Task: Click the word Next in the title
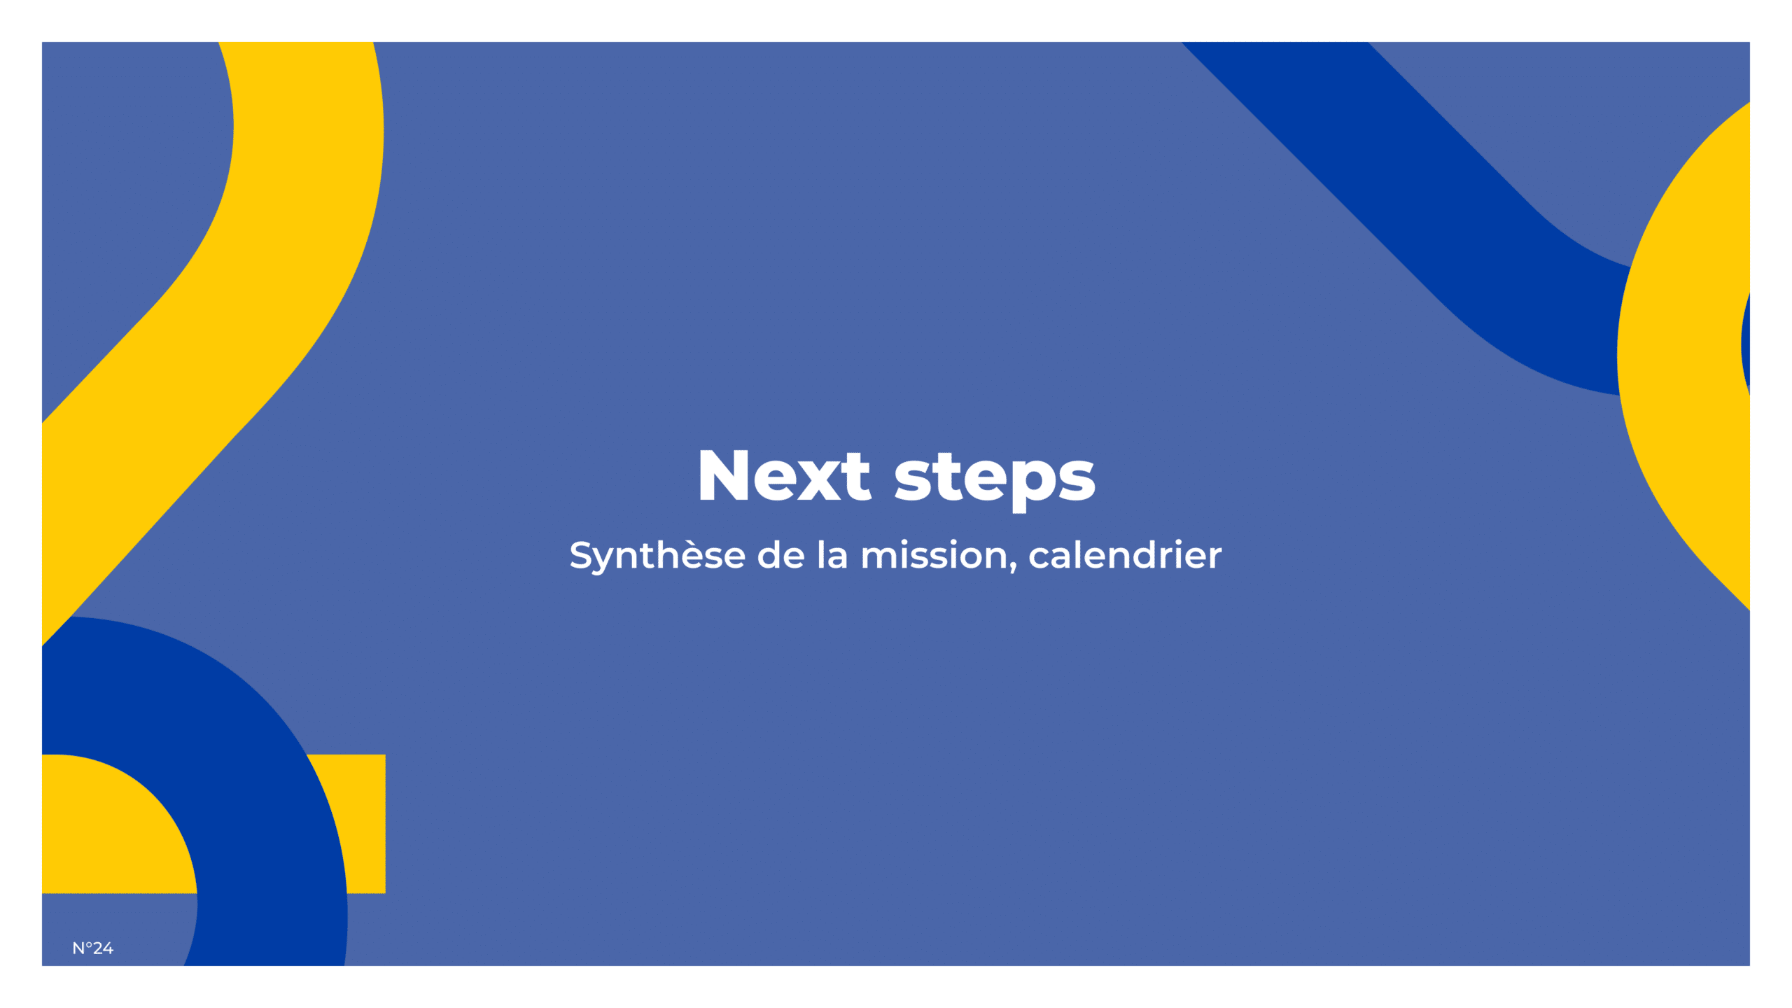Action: [x=784, y=476]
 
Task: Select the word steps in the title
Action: [x=995, y=479]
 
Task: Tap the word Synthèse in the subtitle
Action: [x=657, y=556]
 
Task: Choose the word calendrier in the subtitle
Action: [x=1125, y=554]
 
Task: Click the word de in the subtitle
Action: [x=781, y=554]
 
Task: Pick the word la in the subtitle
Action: [x=832, y=554]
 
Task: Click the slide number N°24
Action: [x=92, y=948]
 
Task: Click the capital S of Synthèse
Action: [x=582, y=555]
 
